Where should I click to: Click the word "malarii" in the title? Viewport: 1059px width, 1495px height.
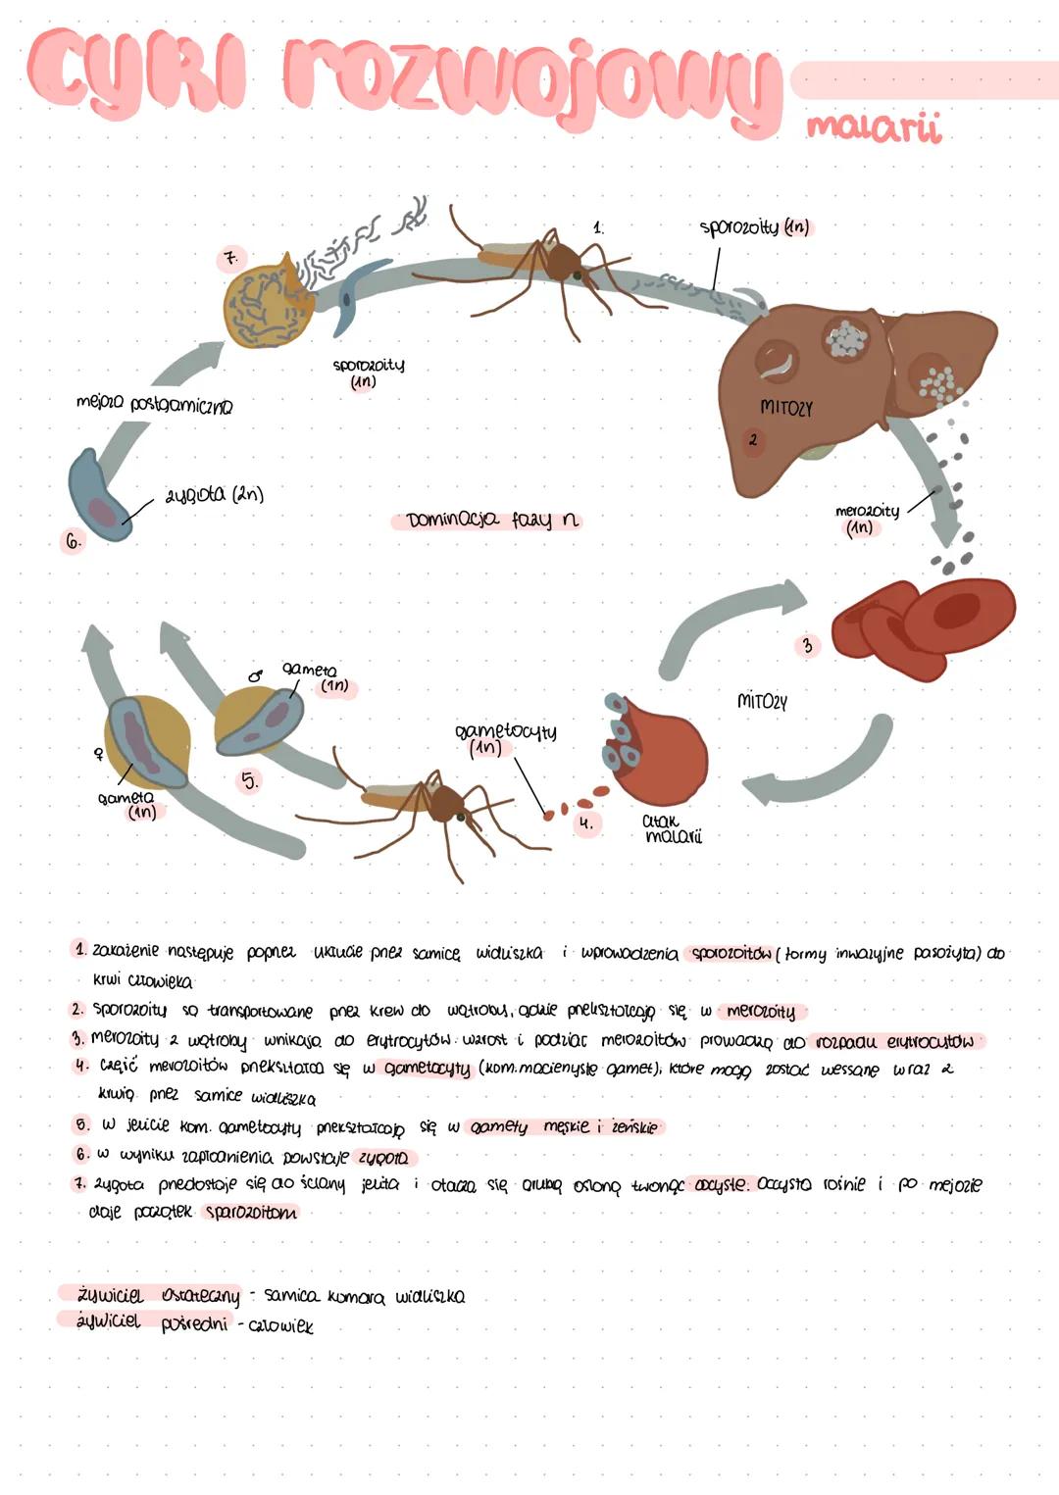[x=872, y=127]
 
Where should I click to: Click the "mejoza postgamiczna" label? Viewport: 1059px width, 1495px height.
[x=154, y=404]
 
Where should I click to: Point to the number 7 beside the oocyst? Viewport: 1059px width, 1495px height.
[x=230, y=259]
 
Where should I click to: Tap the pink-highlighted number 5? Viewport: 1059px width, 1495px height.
[x=250, y=781]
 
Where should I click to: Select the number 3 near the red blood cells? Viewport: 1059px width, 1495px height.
[x=807, y=646]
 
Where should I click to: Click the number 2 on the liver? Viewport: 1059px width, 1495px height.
[x=752, y=440]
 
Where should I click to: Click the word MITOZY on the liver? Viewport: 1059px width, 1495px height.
[x=786, y=407]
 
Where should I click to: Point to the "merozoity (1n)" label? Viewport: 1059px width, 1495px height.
[x=866, y=519]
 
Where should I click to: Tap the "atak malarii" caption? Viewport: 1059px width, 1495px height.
[x=672, y=829]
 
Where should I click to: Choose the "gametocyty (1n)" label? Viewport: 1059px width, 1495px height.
[x=504, y=739]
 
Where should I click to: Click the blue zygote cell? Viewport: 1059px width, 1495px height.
[x=98, y=496]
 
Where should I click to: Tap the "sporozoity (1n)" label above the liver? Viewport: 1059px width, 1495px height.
[x=754, y=227]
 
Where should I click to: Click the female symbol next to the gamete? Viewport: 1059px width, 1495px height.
[x=98, y=754]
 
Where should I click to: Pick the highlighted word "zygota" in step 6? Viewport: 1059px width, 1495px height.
[x=381, y=1158]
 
